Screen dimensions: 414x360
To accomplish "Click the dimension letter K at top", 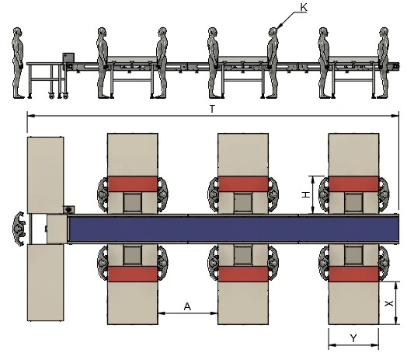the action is tap(304, 8).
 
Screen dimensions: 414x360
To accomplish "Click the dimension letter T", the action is tap(212, 109).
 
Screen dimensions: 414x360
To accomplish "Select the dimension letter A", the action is tap(187, 306).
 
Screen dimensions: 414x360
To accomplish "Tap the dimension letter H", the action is tap(306, 195).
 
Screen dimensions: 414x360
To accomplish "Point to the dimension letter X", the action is tap(389, 303).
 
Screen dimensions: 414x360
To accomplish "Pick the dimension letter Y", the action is tap(353, 337).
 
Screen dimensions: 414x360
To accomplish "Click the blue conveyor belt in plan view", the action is tap(233, 229).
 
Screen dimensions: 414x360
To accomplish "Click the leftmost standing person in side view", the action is tap(18, 63).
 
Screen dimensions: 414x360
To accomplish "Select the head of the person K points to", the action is tap(273, 33).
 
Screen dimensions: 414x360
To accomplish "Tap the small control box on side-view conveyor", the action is tap(68, 58).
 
